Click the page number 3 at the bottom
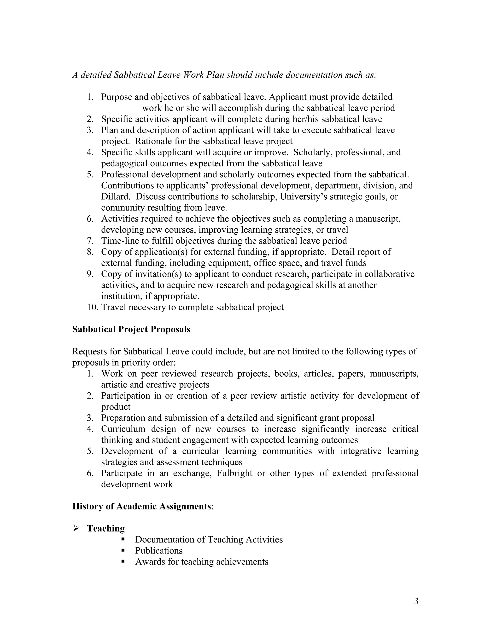tap(416, 601)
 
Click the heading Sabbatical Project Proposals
tap(131, 329)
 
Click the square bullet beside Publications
tap(123, 550)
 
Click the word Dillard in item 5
tap(116, 196)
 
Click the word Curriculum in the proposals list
tap(123, 429)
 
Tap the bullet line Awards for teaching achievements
tap(201, 561)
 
